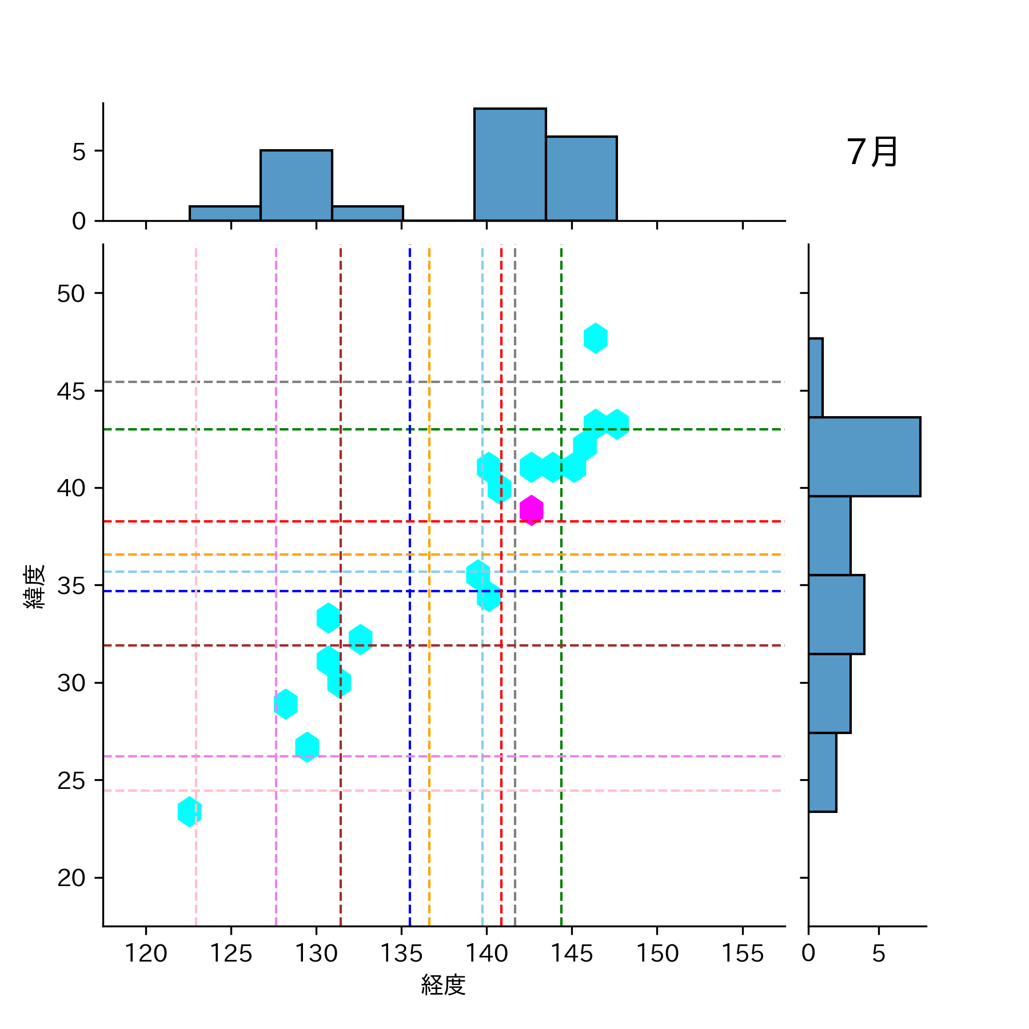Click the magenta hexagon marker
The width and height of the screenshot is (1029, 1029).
click(532, 510)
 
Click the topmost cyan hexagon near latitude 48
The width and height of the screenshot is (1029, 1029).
click(595, 338)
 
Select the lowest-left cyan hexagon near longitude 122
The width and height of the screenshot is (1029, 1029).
click(189, 812)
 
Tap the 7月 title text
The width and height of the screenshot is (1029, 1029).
click(872, 153)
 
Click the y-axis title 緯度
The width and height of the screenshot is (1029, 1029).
click(35, 586)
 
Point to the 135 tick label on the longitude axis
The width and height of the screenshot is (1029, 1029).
click(401, 954)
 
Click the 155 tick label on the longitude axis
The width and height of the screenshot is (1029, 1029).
click(742, 954)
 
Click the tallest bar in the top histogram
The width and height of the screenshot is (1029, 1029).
click(510, 165)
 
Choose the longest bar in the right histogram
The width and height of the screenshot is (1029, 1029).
click(864, 456)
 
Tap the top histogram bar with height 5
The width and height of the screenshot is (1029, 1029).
click(296, 185)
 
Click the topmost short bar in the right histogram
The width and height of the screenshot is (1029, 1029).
click(815, 377)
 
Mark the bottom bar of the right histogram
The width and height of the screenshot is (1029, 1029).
click(822, 772)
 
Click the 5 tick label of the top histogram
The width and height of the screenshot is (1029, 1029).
click(79, 152)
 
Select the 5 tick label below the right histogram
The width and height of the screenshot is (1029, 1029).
click(879, 954)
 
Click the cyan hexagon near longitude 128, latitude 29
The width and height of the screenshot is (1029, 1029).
click(286, 704)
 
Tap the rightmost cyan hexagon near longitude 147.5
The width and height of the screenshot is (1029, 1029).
click(617, 424)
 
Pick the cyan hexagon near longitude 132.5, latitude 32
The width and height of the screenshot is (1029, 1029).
click(360, 639)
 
